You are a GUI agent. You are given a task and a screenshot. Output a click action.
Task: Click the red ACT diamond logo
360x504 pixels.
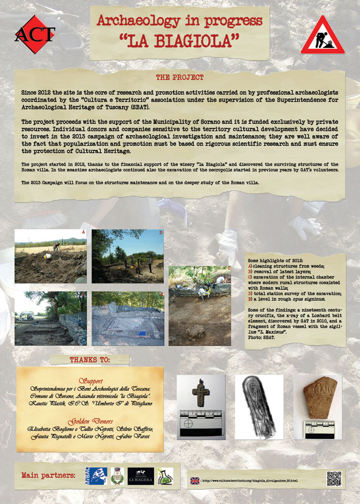coord(34,34)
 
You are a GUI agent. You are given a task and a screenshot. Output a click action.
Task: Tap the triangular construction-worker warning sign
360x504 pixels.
coord(323,35)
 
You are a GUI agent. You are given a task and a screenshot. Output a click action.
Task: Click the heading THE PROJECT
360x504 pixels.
coord(179,78)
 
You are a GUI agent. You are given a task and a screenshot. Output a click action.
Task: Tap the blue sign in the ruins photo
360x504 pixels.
coord(141,333)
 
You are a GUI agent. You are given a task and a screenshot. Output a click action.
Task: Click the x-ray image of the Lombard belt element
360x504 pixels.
coord(259,406)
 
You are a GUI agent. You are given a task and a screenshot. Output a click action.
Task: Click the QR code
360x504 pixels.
coord(334,478)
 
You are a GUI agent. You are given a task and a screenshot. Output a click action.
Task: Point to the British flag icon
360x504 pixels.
coord(194,480)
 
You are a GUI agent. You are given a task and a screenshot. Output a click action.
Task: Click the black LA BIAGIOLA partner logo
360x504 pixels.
coord(140,476)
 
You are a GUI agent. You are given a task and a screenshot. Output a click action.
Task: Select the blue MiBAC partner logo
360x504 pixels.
coord(96,476)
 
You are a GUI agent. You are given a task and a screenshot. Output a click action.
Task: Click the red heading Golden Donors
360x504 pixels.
coord(90,420)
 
